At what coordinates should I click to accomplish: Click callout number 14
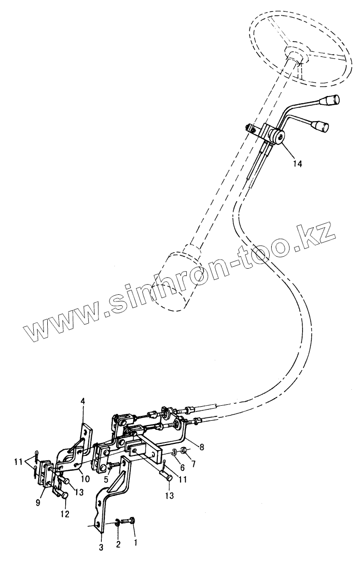point(297,164)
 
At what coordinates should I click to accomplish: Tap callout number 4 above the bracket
point(83,401)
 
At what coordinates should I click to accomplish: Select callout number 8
point(202,447)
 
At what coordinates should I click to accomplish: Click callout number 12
point(65,514)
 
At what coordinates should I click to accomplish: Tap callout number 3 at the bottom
point(101,547)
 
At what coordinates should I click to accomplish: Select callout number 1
point(135,542)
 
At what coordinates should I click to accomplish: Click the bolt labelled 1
point(130,521)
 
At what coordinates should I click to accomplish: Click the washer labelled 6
point(172,453)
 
